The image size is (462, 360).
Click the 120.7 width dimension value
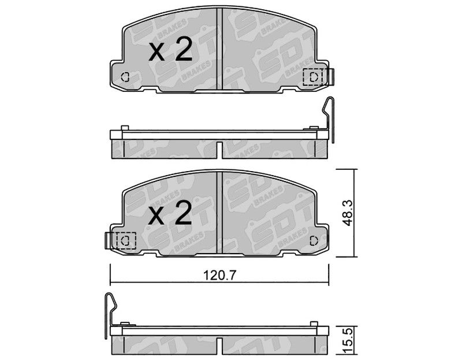coord(220,276)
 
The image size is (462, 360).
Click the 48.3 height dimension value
coord(349,213)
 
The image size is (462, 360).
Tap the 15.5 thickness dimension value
coord(348,342)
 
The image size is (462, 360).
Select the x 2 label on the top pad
coord(170,49)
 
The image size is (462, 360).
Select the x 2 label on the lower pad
coord(170,212)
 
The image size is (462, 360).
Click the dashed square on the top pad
coord(313,77)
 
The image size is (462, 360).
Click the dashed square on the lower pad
coord(126,240)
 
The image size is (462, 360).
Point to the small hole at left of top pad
coord(125,77)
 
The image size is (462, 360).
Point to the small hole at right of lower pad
coord(314,240)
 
